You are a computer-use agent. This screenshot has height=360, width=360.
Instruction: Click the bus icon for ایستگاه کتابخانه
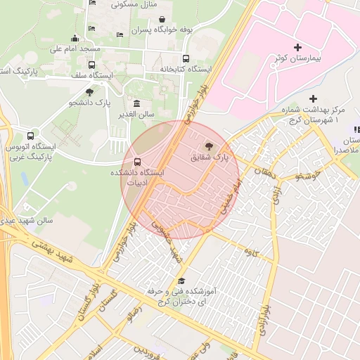coord(186,58)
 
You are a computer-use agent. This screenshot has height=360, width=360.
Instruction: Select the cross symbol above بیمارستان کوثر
coord(298,47)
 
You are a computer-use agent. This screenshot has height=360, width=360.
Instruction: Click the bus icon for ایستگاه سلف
coord(91,65)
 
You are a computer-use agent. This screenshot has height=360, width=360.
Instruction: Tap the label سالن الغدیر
coord(136,115)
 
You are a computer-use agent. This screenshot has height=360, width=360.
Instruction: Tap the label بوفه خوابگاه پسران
coord(163,30)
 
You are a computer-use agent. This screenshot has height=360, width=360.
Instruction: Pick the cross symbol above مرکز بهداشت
coord(314,98)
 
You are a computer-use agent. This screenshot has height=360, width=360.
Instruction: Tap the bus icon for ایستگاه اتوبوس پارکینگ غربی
coord(30,136)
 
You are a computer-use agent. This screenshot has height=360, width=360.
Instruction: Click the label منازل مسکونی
coord(133,4)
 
